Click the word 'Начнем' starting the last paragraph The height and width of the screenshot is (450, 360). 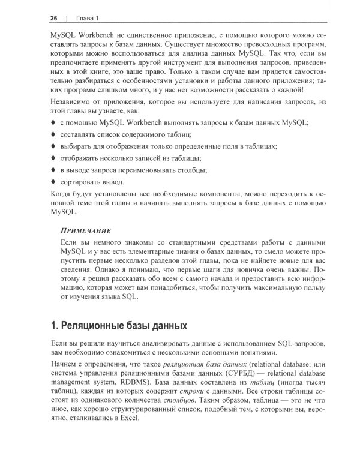pyautogui.click(x=64, y=364)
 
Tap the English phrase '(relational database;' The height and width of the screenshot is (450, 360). pyautogui.click(x=276, y=364)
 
